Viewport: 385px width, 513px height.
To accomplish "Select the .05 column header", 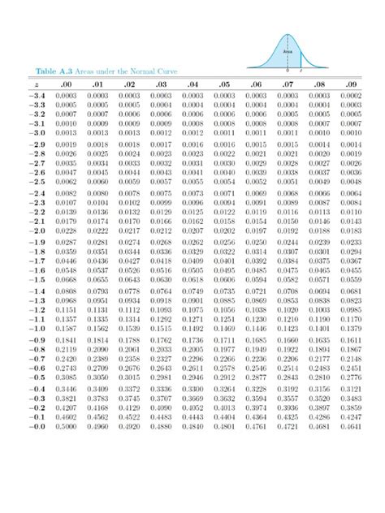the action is coord(224,84).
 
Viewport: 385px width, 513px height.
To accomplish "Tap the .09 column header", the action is coord(351,84).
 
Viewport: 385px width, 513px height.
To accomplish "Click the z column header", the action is coord(37,84).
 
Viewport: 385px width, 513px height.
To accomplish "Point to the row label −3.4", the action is coord(37,96).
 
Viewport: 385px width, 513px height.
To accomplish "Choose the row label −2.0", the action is coord(37,231).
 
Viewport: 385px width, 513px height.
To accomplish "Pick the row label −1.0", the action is coord(37,329).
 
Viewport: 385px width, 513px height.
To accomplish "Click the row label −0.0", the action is coord(37,426).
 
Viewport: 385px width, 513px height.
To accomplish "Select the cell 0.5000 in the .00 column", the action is coord(67,426).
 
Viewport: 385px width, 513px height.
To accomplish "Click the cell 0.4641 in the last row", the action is coord(351,426).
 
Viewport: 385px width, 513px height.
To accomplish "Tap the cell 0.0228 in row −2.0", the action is coord(67,231).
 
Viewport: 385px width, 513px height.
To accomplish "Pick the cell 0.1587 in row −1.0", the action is coord(67,329).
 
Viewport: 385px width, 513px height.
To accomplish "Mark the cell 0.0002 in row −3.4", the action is coord(351,96).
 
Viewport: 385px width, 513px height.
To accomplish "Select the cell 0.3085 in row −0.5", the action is coord(67,377).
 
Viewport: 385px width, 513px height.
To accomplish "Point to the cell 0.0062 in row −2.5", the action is coord(67,183).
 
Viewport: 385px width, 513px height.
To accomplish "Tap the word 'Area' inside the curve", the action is coord(288,51).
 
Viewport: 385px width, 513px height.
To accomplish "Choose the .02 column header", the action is coord(129,84).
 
